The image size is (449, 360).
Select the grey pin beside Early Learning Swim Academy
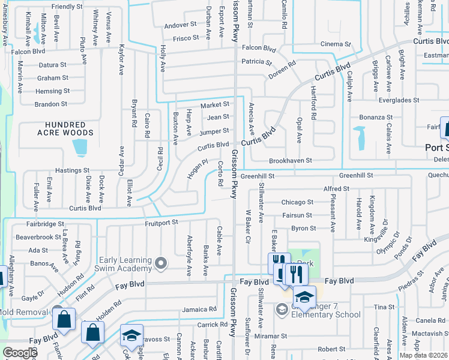pos(160,263)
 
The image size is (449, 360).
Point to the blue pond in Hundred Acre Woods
pos(79,146)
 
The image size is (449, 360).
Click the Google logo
pos(20,353)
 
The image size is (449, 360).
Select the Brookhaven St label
pos(291,161)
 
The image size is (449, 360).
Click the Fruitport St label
pos(161,222)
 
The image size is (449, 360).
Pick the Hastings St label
pos(72,170)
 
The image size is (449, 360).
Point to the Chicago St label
pos(297,202)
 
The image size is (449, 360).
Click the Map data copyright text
pos(424,355)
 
